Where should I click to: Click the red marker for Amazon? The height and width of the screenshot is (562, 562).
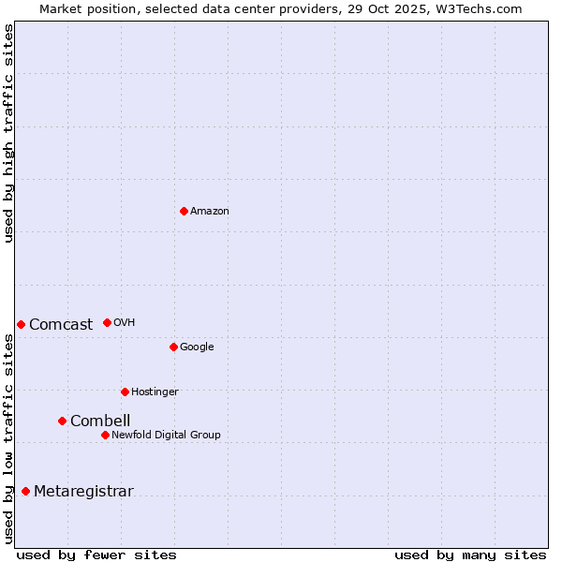(184, 211)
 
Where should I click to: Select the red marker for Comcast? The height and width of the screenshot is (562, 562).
(21, 324)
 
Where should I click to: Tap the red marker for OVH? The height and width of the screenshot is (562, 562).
(107, 322)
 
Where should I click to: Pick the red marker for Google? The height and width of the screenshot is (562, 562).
(173, 347)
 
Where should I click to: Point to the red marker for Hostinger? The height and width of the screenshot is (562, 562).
(125, 392)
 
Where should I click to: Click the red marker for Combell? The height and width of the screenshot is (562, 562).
(62, 421)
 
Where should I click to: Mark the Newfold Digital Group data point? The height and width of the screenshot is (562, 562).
(105, 435)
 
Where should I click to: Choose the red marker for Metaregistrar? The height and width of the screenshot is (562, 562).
(25, 491)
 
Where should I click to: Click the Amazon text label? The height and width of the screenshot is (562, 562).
(210, 212)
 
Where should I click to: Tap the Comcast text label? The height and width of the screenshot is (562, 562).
(61, 325)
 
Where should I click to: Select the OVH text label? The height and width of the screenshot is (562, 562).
(125, 323)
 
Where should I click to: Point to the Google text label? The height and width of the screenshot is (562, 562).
(197, 348)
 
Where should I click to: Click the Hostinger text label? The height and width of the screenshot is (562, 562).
(155, 392)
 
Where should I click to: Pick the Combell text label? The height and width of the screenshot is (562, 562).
(100, 421)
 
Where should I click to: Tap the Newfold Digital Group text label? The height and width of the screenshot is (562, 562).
(166, 436)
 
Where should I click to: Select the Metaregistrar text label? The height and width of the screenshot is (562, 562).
(83, 492)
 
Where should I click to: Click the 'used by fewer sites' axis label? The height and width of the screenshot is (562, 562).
(96, 555)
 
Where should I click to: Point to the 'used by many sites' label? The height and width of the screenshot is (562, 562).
(470, 555)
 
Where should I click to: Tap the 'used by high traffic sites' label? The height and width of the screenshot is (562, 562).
(8, 133)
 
